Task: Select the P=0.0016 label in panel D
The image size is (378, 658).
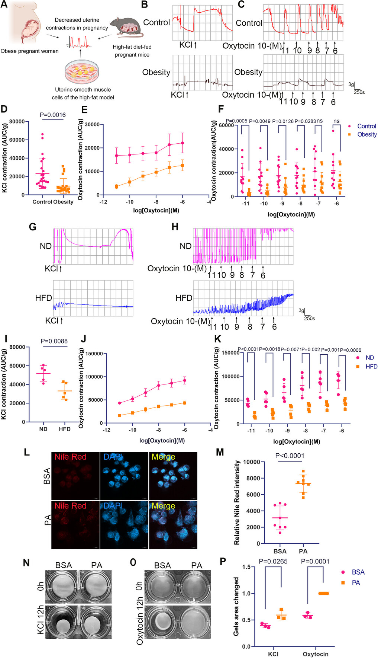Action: [53, 115]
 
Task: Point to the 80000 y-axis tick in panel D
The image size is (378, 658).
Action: [17, 122]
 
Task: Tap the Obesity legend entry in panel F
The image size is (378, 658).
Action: [367, 134]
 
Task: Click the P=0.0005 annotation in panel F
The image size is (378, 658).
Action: [236, 121]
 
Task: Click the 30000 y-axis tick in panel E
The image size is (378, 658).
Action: [92, 125]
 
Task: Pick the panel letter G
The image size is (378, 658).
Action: [33, 227]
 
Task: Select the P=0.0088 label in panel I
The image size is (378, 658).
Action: [54, 341]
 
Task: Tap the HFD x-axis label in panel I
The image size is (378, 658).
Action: [65, 429]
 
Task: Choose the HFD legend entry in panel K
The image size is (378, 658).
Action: [371, 367]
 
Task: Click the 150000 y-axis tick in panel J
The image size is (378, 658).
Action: [94, 354]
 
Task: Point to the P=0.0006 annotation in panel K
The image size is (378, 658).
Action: [350, 350]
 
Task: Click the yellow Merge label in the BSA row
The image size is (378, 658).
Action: [163, 457]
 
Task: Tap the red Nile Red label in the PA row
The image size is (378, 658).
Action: [70, 506]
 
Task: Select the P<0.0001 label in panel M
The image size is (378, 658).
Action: [290, 456]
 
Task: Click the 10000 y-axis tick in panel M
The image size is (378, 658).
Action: [252, 462]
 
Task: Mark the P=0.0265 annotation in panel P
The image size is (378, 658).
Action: [273, 562]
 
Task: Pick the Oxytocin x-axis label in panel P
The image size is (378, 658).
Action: [315, 654]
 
